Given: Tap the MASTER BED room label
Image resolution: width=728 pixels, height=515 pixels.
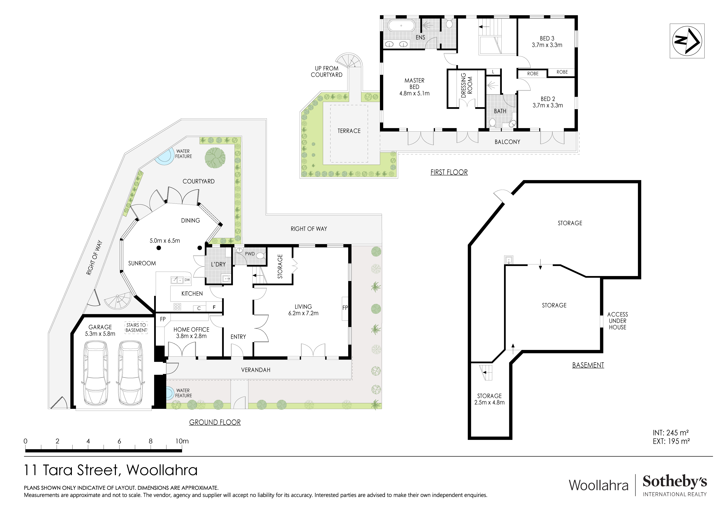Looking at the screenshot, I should [414, 84].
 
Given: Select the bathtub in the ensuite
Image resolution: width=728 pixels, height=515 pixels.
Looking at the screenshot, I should [401, 26].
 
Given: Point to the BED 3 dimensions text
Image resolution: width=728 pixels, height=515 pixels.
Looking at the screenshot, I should [547, 45].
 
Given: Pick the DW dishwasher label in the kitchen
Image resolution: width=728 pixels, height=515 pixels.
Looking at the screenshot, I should [187, 280].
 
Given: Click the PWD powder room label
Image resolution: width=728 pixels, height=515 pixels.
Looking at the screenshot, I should [250, 254].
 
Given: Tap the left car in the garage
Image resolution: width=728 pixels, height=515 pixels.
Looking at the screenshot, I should [95, 373].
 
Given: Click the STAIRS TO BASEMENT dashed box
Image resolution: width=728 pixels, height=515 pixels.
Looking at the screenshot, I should [136, 328].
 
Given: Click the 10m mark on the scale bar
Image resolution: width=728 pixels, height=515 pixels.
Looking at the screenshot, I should [182, 441].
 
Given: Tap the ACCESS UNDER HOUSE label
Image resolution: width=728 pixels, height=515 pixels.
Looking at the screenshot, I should [617, 321].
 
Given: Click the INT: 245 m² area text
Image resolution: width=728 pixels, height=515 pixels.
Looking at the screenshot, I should [671, 433].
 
